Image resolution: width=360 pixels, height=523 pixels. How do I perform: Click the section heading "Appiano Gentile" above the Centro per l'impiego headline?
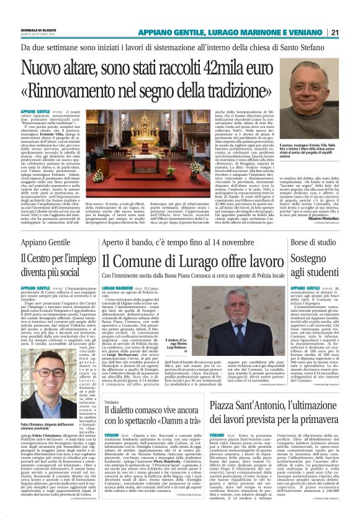(x=43, y=241)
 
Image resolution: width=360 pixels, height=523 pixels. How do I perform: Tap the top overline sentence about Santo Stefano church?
(x=179, y=46)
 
